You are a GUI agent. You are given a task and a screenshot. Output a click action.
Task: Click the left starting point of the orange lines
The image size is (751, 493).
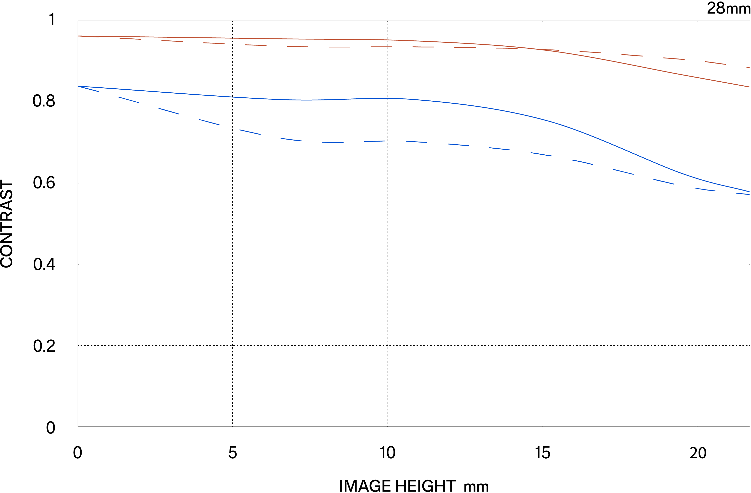[79, 36]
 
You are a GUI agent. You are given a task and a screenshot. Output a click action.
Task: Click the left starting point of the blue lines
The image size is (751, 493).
[79, 86]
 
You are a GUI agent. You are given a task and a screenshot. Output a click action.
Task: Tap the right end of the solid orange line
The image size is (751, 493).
[749, 87]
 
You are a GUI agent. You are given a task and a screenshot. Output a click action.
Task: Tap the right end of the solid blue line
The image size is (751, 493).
[749, 192]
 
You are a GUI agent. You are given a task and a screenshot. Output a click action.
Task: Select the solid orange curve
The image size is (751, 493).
[316, 39]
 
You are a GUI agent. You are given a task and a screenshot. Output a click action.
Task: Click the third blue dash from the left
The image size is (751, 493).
[169, 111]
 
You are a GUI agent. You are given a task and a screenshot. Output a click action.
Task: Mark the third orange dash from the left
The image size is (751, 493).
[172, 41]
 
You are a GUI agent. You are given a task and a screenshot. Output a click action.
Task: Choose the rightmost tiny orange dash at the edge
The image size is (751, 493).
[748, 67]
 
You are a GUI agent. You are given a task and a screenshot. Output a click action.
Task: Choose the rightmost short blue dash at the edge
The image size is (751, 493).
[743, 194]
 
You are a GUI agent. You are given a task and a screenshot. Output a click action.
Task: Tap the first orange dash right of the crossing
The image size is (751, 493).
[590, 52]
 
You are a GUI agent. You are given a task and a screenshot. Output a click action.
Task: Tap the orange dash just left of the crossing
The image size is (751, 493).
[507, 48]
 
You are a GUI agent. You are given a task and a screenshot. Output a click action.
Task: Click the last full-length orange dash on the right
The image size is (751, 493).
[715, 63]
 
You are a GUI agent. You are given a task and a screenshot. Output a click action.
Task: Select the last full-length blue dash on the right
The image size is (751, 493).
[705, 189]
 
